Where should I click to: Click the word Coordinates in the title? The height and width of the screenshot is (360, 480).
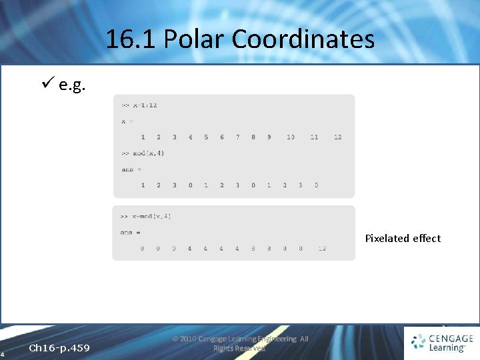point(303,40)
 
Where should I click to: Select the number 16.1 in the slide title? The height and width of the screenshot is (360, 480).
point(131,40)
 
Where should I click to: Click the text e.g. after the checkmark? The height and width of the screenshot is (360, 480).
point(71,86)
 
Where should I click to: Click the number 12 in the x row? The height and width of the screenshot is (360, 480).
point(337,137)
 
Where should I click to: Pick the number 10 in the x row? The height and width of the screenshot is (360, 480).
point(291,137)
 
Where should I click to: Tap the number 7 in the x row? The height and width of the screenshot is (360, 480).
point(238,137)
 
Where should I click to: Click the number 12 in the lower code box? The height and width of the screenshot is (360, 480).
point(322,249)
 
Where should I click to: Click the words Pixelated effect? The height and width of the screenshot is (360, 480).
point(403,238)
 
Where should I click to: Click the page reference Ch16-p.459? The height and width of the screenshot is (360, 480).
point(59,348)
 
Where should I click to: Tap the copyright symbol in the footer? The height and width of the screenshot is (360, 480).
point(175,339)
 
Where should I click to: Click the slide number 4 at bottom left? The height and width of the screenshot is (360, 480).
point(3,353)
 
